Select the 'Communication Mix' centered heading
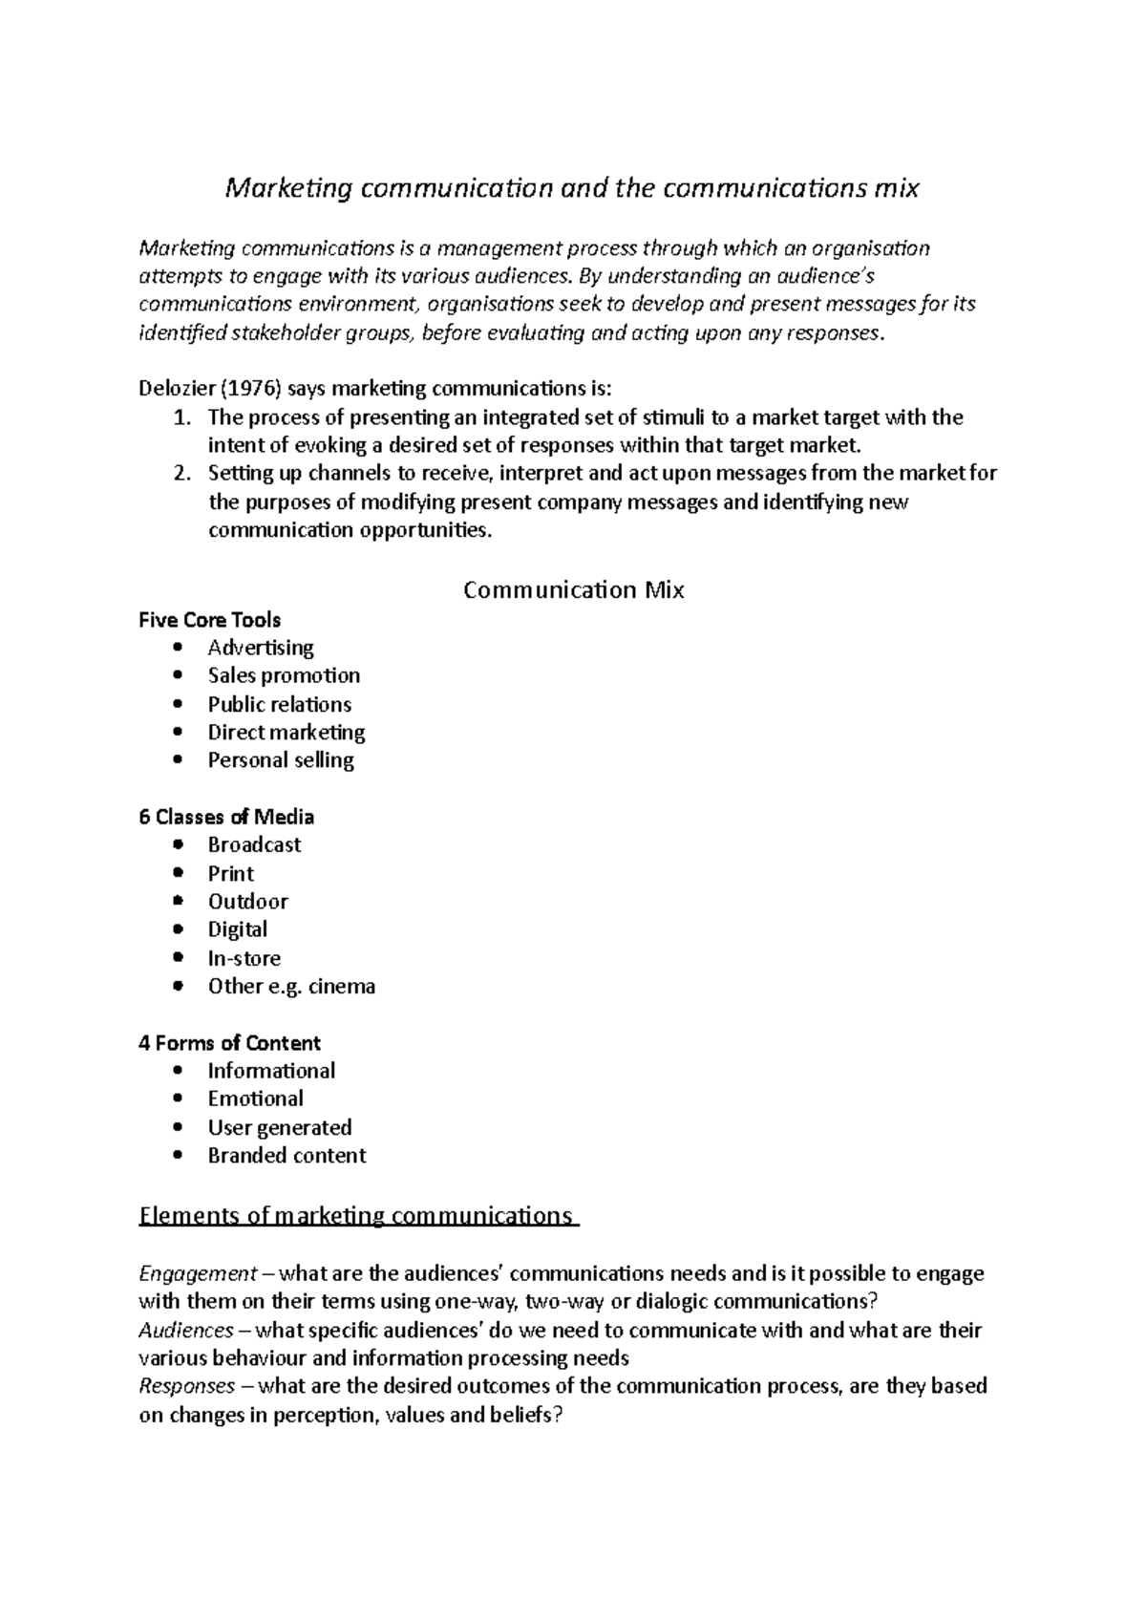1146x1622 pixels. (573, 590)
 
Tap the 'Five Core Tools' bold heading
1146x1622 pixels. (209, 620)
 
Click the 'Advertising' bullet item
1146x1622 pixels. (261, 648)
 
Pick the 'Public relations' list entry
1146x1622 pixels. (279, 704)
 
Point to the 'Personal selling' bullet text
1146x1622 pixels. (281, 760)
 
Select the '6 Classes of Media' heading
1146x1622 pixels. (226, 817)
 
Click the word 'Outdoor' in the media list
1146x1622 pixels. (247, 902)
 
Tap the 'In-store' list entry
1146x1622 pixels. (244, 958)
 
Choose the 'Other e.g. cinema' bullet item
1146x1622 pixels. (291, 986)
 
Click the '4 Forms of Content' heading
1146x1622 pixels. (229, 1043)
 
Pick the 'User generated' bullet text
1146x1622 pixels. (280, 1127)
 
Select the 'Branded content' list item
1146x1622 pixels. (286, 1156)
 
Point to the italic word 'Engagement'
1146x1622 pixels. (198, 1273)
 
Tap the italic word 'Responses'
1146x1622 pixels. (186, 1386)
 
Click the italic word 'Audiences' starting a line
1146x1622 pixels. (185, 1330)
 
